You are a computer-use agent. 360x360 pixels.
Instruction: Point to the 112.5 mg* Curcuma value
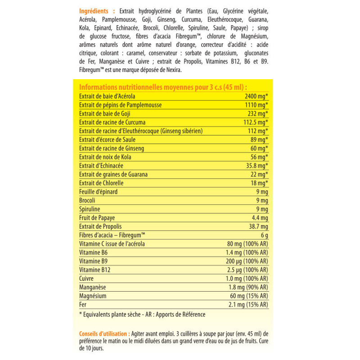click(253, 122)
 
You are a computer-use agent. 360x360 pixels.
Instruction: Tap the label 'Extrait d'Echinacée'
click(100, 166)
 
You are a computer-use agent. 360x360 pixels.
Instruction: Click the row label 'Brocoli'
click(87, 201)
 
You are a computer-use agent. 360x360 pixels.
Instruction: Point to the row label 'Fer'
click(82, 305)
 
